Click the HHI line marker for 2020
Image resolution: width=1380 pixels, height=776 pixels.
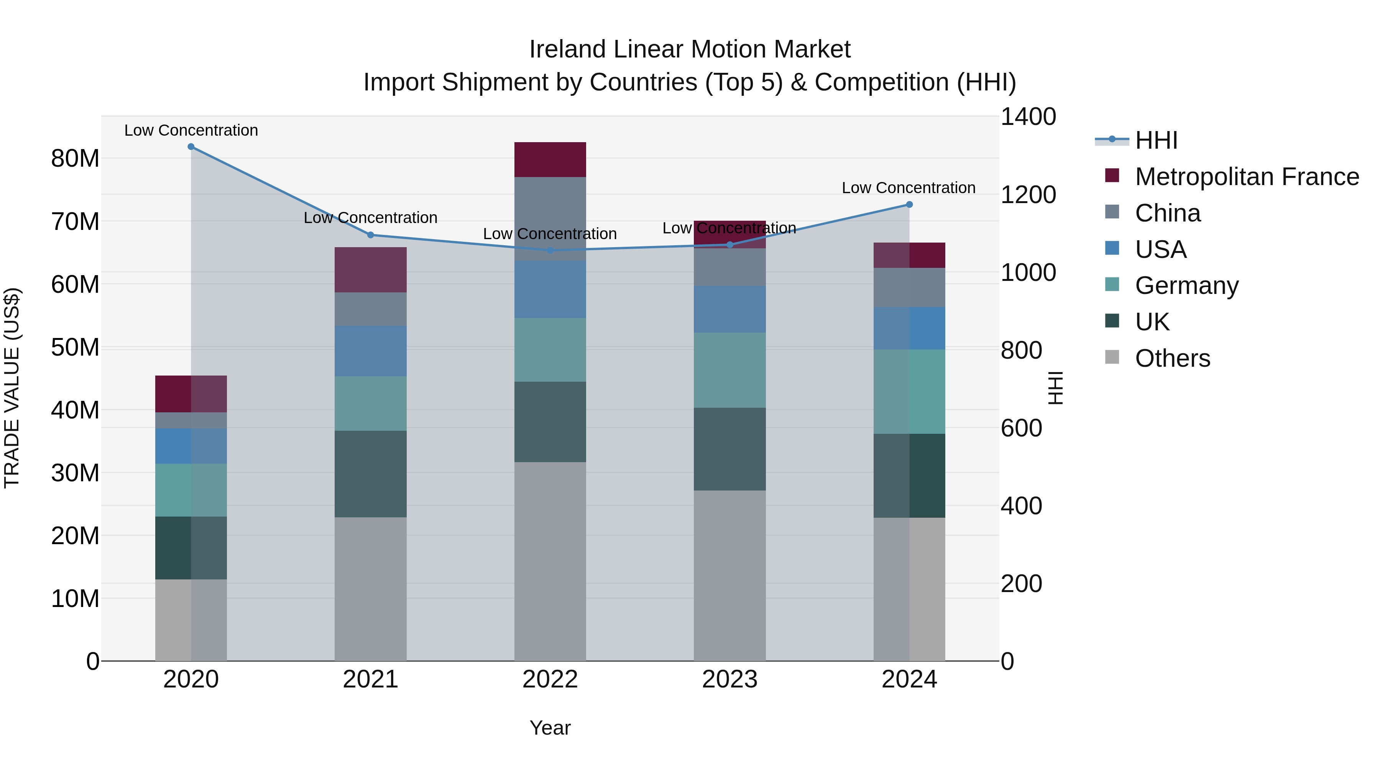tap(191, 147)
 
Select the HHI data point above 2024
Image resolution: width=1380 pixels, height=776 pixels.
tap(909, 205)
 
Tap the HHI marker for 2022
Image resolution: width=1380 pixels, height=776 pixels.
tap(550, 250)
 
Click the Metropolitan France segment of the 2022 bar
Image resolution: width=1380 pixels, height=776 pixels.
tap(550, 159)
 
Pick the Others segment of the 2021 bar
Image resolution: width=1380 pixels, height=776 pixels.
tap(370, 589)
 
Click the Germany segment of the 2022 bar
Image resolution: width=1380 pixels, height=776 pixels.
tap(550, 350)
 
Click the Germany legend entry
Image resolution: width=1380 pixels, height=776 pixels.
tap(1186, 285)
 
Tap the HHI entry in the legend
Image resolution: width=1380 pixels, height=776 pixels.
tap(1156, 140)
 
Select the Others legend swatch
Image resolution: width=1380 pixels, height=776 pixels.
tap(1112, 357)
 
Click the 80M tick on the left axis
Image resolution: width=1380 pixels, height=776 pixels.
tap(75, 159)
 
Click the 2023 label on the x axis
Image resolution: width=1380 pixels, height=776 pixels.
tap(729, 679)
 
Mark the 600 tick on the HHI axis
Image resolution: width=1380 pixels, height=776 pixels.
tap(1021, 428)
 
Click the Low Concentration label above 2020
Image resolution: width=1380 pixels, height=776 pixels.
tap(191, 130)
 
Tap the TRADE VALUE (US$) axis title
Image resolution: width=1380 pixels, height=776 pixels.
tap(12, 388)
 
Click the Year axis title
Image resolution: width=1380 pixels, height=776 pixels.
tap(550, 728)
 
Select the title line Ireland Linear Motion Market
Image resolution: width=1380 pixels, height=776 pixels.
tap(690, 49)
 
